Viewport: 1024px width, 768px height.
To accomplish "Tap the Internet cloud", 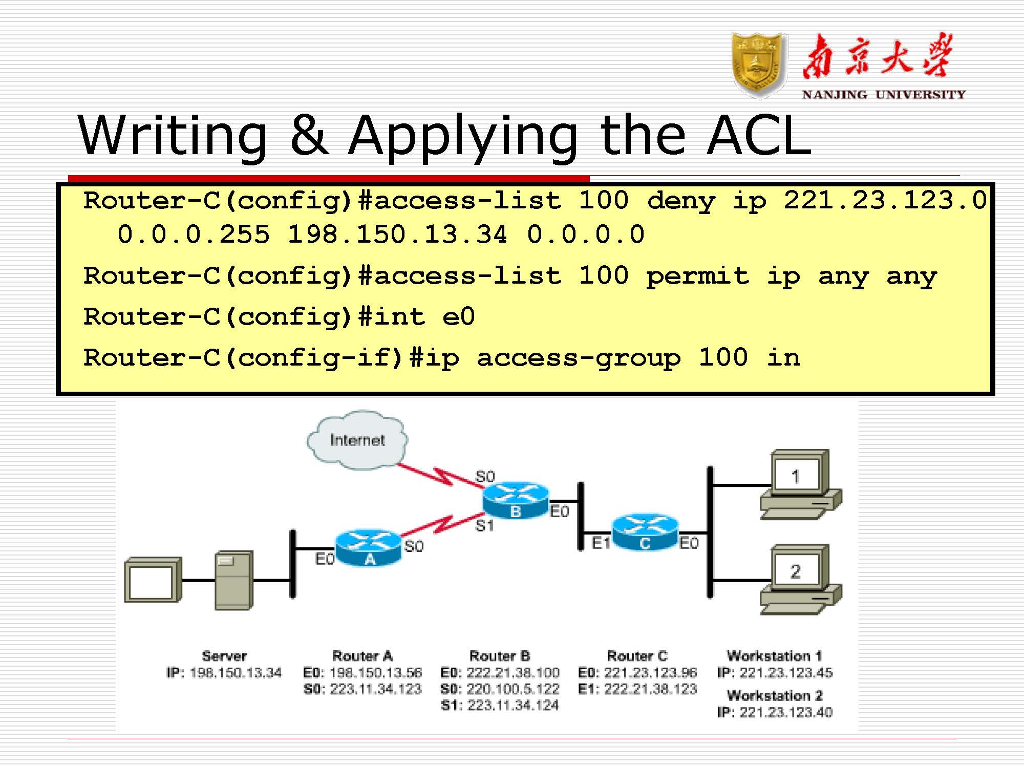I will tap(357, 440).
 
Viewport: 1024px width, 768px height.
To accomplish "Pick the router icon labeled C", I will tap(645, 532).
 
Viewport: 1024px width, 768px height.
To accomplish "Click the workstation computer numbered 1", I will tap(799, 484).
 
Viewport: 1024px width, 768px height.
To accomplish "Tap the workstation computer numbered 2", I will tap(799, 579).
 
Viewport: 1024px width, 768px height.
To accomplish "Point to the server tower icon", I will tap(234, 580).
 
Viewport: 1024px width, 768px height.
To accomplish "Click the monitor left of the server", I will tap(153, 580).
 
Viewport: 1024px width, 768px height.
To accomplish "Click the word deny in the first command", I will tap(681, 201).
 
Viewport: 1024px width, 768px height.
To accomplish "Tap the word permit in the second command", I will tap(697, 276).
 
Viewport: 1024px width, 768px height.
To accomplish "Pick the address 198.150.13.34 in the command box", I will tap(397, 235).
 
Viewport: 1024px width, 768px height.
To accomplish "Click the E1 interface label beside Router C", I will tap(601, 543).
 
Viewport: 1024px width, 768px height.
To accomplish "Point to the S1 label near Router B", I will tap(484, 526).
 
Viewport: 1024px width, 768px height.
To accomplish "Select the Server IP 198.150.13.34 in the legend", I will tap(236, 673).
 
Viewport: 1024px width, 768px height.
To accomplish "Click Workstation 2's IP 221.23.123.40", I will tap(786, 712).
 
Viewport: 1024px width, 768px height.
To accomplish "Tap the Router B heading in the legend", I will tap(500, 656).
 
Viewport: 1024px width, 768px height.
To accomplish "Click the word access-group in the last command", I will tap(579, 358).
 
